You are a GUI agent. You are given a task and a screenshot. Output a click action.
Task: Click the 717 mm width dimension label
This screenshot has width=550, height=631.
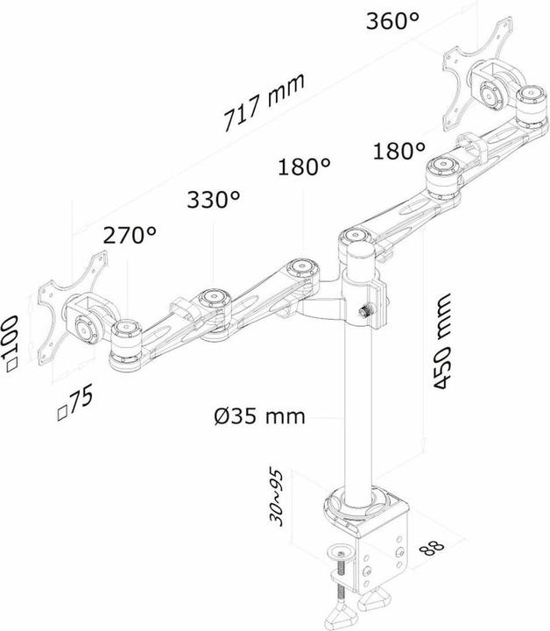point(264,103)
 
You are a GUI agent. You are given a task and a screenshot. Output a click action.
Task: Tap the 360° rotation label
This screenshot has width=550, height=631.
point(392,20)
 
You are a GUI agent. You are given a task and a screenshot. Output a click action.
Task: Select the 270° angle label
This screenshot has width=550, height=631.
point(130,235)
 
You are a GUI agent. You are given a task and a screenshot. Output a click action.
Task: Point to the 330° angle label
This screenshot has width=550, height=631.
point(214,199)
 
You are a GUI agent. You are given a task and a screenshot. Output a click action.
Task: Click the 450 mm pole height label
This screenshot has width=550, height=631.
point(442,341)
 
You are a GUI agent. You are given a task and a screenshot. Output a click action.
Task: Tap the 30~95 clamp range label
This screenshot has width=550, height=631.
point(276,498)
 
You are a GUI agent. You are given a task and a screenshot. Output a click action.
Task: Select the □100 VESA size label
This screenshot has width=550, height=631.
point(11,344)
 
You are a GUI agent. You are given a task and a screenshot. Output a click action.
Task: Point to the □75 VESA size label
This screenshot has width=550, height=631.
point(74,402)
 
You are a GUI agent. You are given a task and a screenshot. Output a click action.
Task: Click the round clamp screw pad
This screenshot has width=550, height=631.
point(342,551)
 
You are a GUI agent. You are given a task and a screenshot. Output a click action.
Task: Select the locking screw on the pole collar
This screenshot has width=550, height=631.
point(367,311)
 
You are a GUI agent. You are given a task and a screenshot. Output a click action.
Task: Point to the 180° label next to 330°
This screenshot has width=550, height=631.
point(305,167)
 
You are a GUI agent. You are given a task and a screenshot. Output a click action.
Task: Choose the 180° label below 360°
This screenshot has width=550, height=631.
point(399,152)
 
